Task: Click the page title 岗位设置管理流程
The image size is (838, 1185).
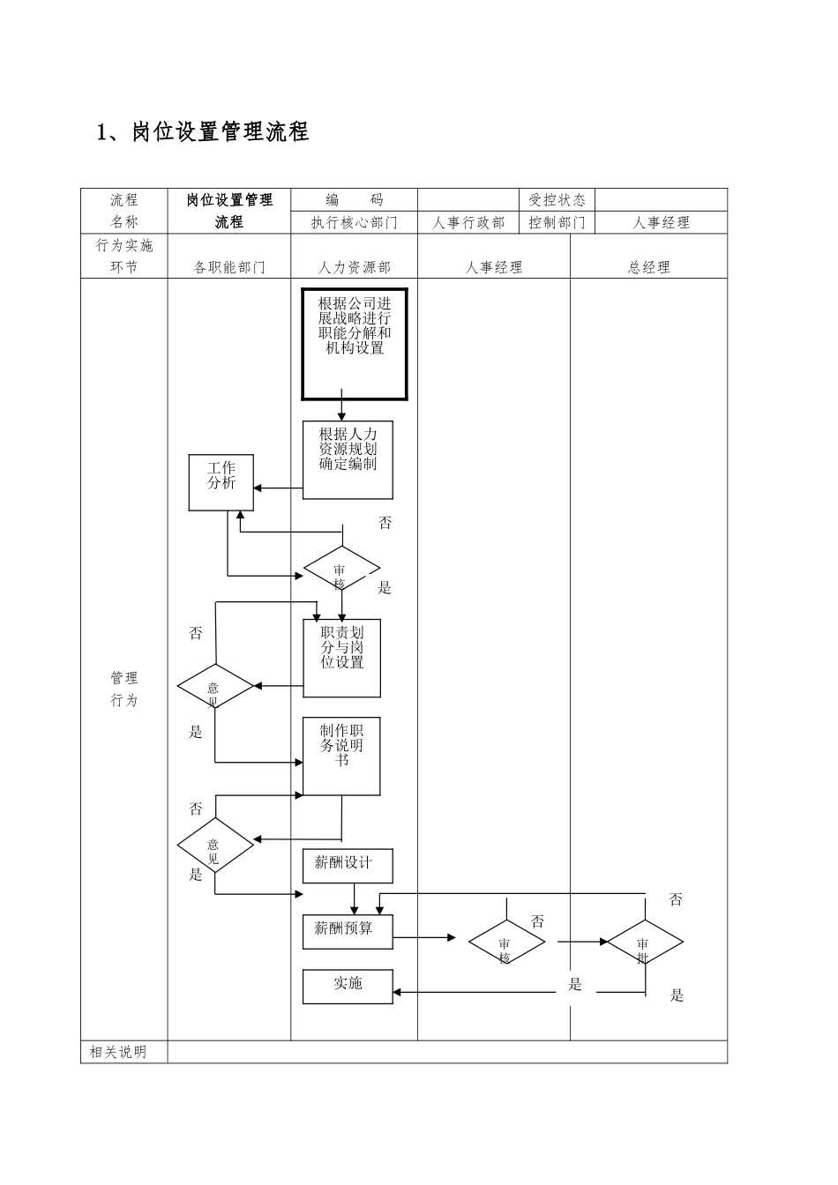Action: pos(203,132)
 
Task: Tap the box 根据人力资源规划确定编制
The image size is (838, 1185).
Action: pos(348,459)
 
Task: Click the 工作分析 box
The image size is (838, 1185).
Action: pos(221,482)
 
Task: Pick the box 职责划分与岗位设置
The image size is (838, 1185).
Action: pos(342,658)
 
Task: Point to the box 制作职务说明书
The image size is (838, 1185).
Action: pos(341,756)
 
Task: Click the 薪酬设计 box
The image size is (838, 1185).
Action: pos(348,866)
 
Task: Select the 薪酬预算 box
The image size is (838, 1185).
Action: pos(348,931)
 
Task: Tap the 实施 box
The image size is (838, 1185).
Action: pos(348,986)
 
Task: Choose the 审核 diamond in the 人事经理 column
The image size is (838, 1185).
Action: pos(506,943)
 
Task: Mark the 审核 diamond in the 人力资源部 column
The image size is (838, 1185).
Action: pos(341,570)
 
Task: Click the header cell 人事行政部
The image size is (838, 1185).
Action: pos(468,223)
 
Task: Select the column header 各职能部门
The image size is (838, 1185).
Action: pos(229,267)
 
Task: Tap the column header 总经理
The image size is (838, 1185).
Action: pos(648,267)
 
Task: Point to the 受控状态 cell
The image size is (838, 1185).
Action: pos(557,200)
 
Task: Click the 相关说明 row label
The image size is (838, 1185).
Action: pos(118,1052)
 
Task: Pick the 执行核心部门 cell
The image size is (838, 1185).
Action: pos(355,223)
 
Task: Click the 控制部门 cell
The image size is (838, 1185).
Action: pos(557,223)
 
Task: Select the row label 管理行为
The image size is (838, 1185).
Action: pos(124,689)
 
